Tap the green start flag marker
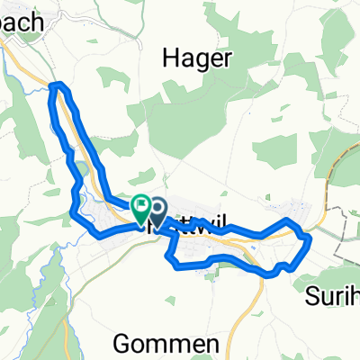[141, 209]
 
